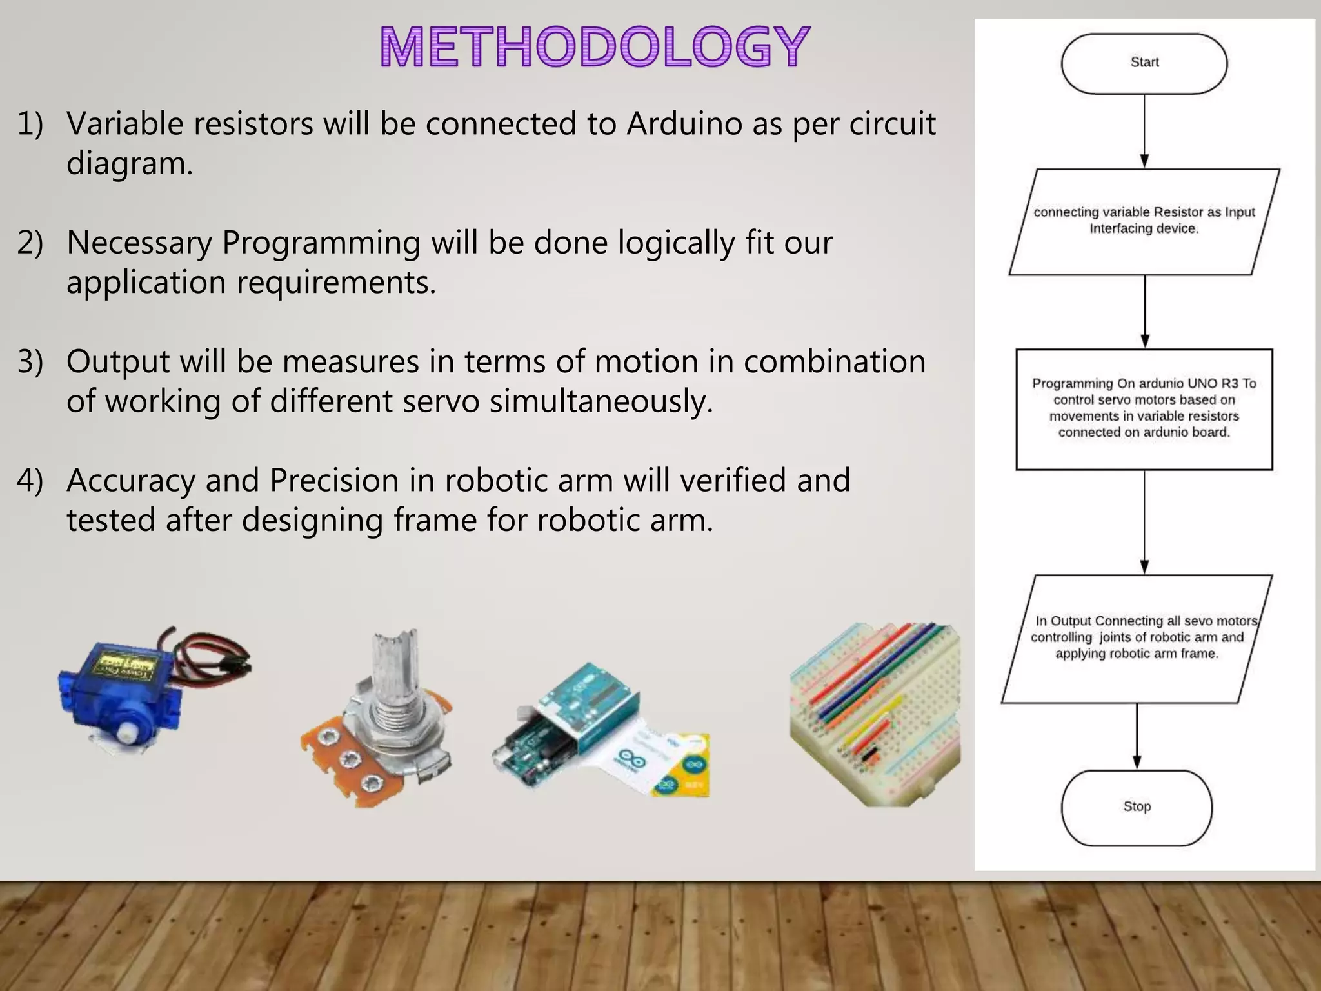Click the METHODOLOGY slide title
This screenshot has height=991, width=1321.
(x=594, y=46)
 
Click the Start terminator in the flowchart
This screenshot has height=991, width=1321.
(x=1144, y=63)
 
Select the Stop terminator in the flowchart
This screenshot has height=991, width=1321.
(x=1137, y=807)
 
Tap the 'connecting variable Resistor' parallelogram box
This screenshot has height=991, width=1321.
(x=1144, y=221)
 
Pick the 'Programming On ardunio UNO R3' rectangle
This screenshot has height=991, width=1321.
(x=1144, y=409)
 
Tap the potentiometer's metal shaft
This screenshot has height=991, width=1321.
(x=393, y=671)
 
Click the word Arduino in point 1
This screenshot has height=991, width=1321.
(x=684, y=123)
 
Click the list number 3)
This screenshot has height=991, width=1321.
(x=30, y=361)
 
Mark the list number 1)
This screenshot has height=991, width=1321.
(x=30, y=123)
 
